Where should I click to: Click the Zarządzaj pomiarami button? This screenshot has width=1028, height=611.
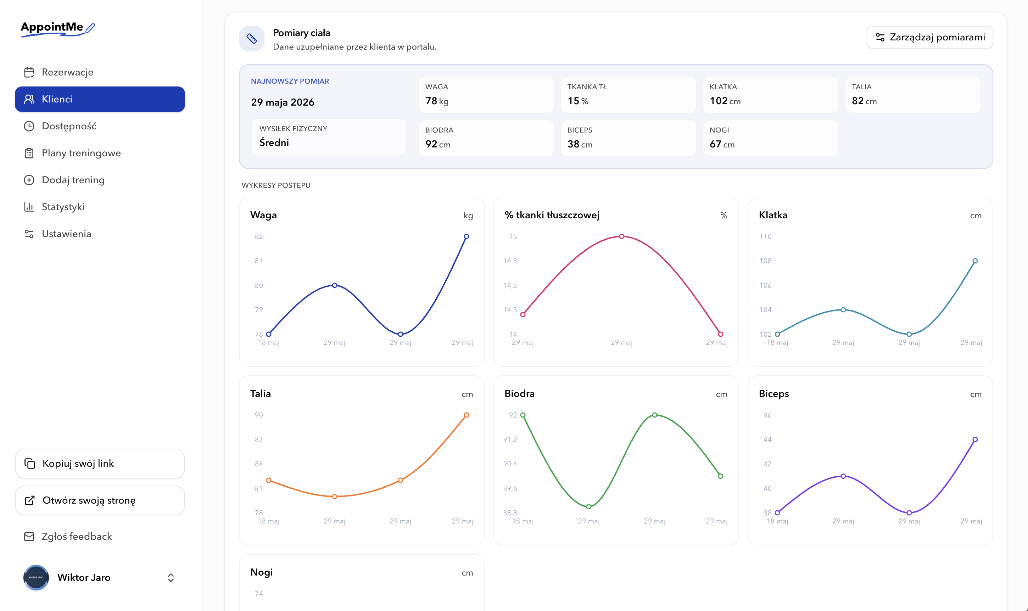pos(929,38)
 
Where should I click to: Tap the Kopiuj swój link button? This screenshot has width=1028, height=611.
pos(100,463)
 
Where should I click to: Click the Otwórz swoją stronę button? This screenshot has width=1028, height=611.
pos(100,500)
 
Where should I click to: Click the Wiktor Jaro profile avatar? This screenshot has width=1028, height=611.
pos(36,577)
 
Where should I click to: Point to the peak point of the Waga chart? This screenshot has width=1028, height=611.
pos(466,236)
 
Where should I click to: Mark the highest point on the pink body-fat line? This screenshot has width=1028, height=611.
pos(622,236)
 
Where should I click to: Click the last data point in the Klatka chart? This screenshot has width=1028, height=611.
pos(975,260)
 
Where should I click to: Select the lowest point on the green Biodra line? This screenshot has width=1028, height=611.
pos(589,506)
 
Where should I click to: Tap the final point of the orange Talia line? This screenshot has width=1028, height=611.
pos(466,415)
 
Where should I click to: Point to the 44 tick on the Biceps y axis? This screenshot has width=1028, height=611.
pos(767,439)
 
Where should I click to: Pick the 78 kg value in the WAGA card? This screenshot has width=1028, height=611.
pos(437,101)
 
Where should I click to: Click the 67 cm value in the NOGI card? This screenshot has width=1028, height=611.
pos(722,144)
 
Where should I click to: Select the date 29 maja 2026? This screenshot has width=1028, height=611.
pos(283,102)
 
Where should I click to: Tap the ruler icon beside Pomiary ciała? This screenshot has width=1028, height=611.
pos(252,39)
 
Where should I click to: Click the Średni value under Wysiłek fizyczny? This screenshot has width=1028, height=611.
pos(274,142)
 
